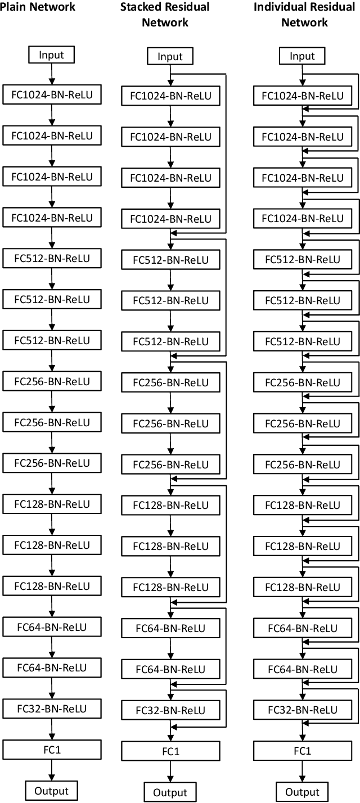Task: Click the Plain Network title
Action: coord(38,7)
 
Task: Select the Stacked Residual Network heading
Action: coord(164,15)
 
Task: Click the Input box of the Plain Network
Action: coord(51,55)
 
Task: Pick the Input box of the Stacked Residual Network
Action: coord(170,56)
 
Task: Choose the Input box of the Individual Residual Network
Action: coord(302,56)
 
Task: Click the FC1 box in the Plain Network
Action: coord(51,750)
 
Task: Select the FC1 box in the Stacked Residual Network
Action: coord(170,751)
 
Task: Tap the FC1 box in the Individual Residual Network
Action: coord(302,751)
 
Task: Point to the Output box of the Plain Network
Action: coord(51,790)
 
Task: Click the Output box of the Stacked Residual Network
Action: coord(170,792)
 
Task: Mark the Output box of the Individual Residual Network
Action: coord(302,792)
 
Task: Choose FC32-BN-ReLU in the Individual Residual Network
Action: coord(302,710)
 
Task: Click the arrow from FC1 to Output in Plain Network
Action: coord(51,770)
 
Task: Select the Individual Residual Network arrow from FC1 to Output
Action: coord(302,772)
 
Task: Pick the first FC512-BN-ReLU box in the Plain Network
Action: coord(51,259)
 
